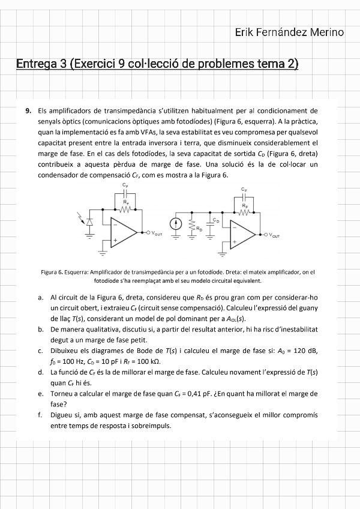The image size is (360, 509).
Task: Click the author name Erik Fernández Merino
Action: pos(289,32)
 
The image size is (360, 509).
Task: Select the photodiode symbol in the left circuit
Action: pos(90,222)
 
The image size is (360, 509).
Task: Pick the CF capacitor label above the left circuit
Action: pos(125,185)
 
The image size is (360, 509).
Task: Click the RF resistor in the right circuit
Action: pos(244,212)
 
